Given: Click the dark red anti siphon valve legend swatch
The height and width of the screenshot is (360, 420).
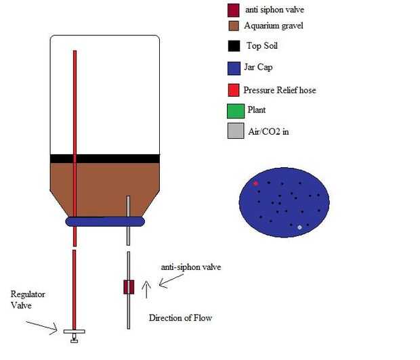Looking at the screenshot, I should pyautogui.click(x=233, y=10).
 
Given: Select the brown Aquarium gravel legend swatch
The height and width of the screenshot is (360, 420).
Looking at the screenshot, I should pyautogui.click(x=233, y=26).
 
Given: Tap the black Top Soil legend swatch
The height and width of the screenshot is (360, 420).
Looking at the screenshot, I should pyautogui.click(x=234, y=47).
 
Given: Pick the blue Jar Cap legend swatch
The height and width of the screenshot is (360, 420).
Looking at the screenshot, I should pyautogui.click(x=234, y=68).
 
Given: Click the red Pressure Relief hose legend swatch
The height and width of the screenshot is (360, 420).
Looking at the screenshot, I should pyautogui.click(x=234, y=90).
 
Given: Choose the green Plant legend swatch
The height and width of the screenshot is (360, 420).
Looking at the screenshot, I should pyautogui.click(x=234, y=110).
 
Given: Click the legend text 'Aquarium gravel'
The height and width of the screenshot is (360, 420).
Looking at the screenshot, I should pyautogui.click(x=274, y=26).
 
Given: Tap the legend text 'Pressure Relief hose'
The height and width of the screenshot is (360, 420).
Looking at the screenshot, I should pyautogui.click(x=280, y=90).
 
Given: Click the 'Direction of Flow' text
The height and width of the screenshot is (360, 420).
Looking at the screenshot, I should pyautogui.click(x=180, y=317).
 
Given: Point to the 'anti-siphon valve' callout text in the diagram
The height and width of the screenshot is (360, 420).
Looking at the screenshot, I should pyautogui.click(x=190, y=267).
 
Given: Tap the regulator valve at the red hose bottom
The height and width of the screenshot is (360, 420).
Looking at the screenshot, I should pyautogui.click(x=74, y=333).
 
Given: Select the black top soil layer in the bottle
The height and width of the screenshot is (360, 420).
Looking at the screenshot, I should pyautogui.click(x=105, y=158).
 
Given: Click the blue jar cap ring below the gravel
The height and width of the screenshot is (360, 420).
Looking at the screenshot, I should pyautogui.click(x=105, y=221).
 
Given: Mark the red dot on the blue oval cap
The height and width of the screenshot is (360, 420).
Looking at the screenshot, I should pyautogui.click(x=255, y=183).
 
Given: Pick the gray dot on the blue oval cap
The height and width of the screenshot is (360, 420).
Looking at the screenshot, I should pyautogui.click(x=299, y=227).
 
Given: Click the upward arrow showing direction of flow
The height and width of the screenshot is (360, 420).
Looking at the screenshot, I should pyautogui.click(x=148, y=290).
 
